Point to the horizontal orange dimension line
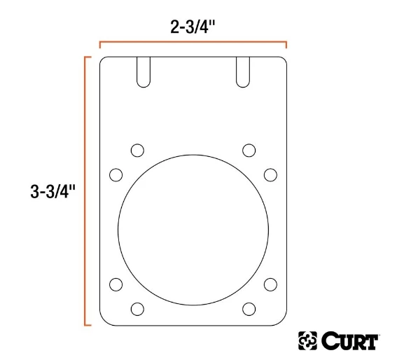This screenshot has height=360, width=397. point(193,44)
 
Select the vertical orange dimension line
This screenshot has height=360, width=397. point(85,191)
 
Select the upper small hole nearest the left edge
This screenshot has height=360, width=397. point(116,174)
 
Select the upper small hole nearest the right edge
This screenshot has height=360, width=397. point(270,174)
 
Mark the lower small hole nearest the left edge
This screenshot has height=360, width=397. point(116,284)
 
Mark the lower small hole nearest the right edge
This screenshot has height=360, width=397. point(270,284)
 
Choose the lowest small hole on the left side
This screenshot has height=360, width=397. point(137,308)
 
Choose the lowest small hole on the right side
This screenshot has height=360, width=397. point(249,308)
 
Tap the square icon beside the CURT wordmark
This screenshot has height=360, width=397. point(307,342)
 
